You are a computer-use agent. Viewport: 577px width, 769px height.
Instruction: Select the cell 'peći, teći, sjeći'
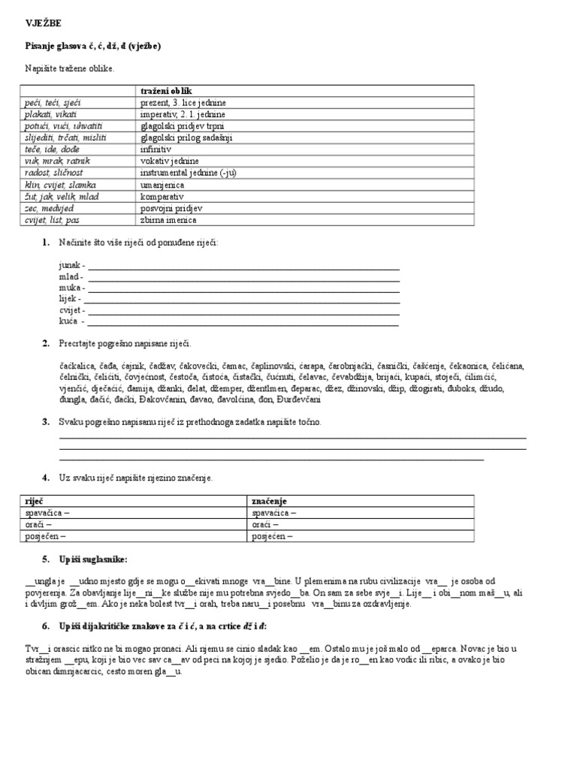pos(49,102)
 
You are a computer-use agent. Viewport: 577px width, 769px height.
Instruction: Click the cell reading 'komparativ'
pos(160,196)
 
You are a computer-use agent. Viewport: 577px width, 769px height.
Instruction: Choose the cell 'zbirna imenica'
pos(167,220)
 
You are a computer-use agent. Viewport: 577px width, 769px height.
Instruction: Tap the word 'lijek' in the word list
pos(68,298)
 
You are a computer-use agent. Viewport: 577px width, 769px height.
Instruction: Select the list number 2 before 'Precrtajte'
pos(46,343)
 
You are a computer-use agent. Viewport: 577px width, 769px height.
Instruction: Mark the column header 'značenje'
pos(270,501)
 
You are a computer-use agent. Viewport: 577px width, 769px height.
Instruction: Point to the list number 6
pos(46,626)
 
